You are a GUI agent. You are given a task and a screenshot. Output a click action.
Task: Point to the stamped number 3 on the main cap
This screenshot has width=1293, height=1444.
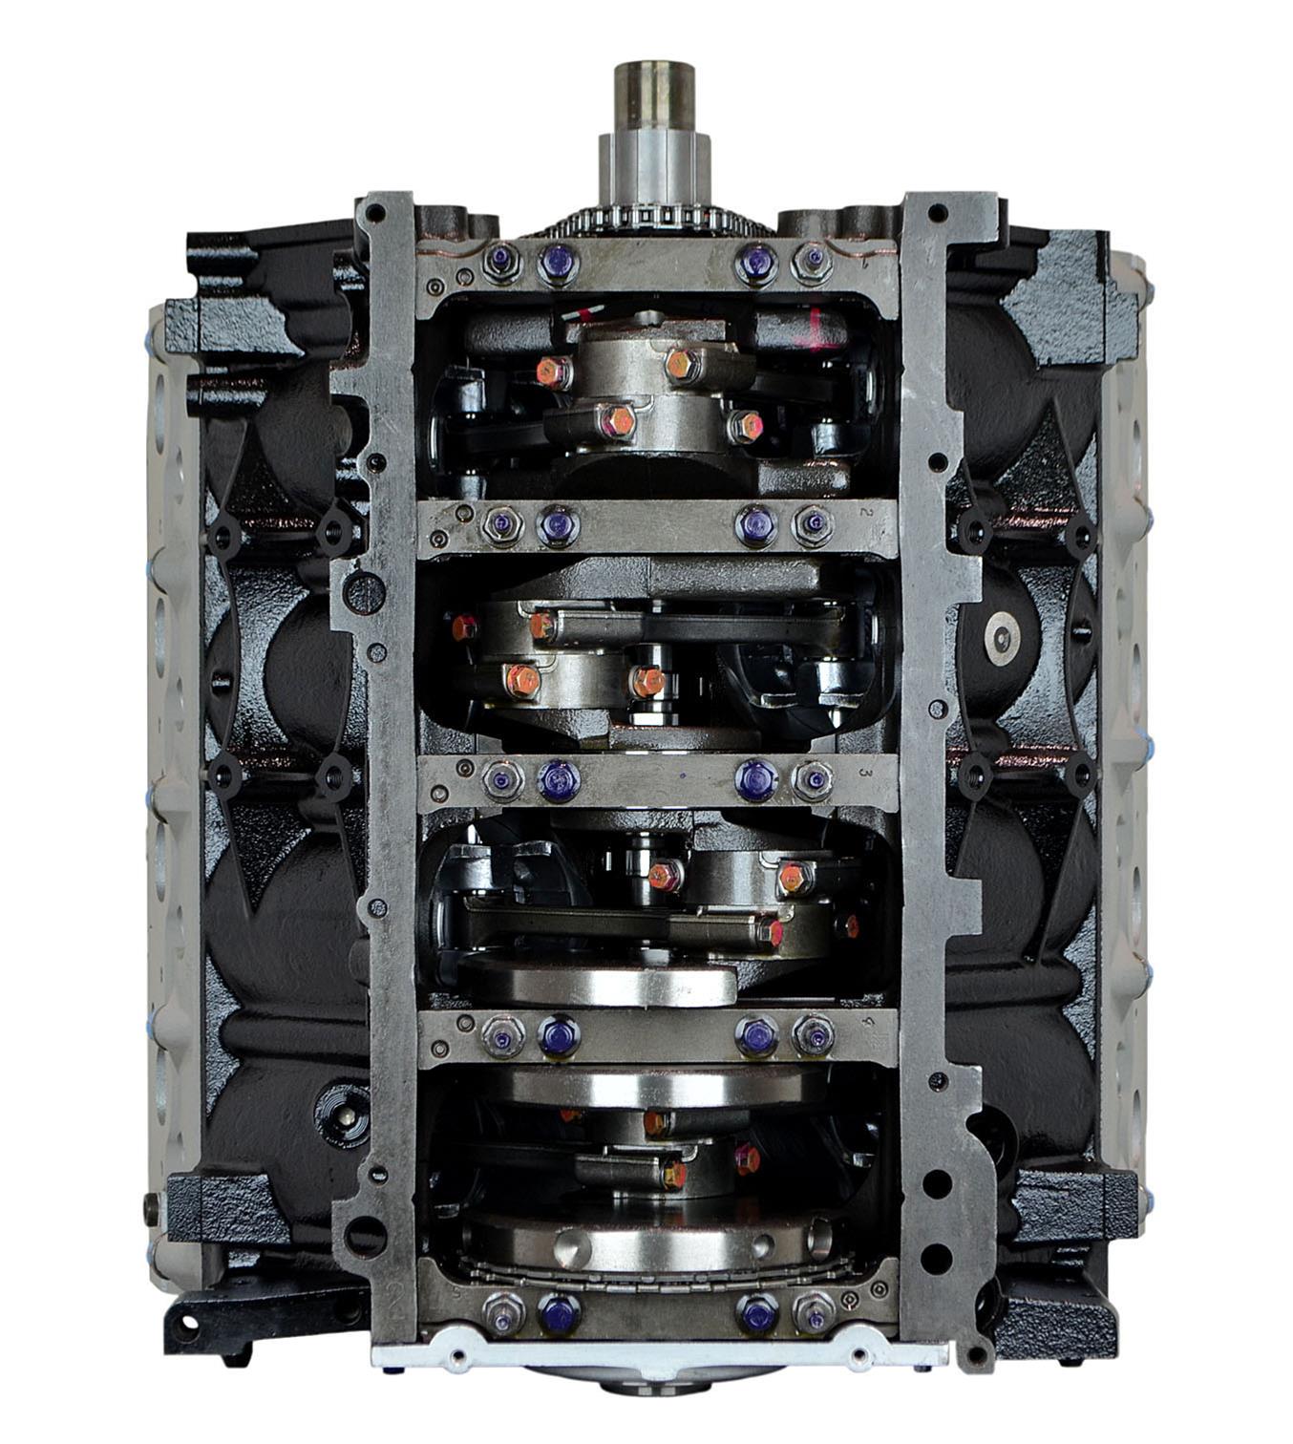[865, 772]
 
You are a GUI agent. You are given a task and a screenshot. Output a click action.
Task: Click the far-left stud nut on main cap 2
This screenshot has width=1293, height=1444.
[500, 523]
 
